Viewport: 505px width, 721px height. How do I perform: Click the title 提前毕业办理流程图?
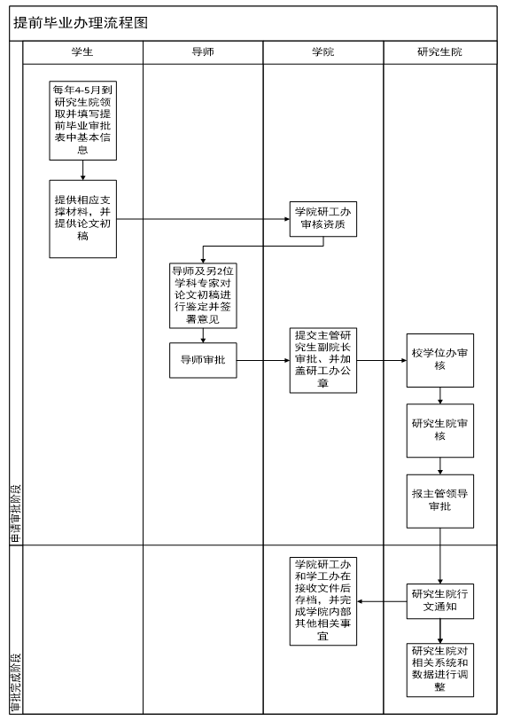point(81,22)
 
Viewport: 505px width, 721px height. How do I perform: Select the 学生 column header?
point(82,52)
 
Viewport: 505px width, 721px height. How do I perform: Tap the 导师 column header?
point(203,52)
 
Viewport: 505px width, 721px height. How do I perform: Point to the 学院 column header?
point(323,52)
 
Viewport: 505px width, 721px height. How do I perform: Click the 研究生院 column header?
point(440,52)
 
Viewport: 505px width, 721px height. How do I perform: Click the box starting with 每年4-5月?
point(82,121)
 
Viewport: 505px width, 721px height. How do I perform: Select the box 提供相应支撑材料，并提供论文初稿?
point(82,219)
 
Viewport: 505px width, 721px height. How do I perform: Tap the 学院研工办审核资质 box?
point(323,219)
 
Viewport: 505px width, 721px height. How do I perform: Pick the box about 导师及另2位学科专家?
point(203,295)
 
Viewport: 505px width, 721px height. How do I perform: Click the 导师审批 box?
point(203,360)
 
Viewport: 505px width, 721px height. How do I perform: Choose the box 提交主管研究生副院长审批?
point(323,360)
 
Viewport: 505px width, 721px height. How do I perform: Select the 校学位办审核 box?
point(440,360)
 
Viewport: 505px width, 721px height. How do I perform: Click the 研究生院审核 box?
point(440,431)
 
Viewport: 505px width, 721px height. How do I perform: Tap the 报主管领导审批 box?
point(440,501)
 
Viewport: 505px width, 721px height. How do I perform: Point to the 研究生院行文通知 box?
point(440,601)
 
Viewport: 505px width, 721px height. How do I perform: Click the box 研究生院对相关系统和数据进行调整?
point(440,670)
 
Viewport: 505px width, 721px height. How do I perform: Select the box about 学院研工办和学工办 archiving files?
point(323,601)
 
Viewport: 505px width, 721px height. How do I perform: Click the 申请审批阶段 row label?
point(16,514)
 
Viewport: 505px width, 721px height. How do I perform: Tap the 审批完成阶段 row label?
point(16,682)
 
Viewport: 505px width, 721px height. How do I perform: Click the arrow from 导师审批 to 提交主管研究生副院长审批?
point(263,360)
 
